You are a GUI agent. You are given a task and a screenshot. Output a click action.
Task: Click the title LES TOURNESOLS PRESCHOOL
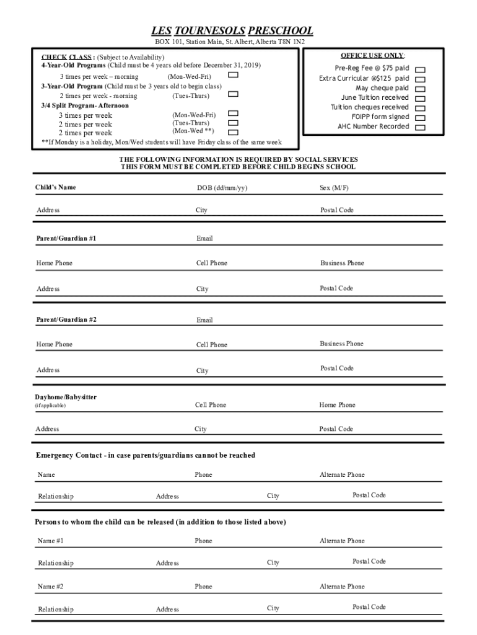(x=232, y=31)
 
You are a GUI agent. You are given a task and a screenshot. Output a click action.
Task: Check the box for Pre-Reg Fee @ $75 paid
(x=420, y=69)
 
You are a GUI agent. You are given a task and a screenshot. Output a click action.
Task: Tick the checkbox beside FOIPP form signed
(x=420, y=117)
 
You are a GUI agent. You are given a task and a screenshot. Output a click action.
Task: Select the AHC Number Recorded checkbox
(x=420, y=127)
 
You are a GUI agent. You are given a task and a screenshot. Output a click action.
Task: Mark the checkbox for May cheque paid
(x=420, y=89)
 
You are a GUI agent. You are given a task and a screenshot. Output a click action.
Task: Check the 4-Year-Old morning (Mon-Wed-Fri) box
(x=234, y=75)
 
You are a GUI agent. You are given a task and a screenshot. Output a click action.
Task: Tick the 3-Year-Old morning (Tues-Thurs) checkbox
(x=234, y=94)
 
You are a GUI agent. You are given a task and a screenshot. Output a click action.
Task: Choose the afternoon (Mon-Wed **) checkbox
(x=234, y=131)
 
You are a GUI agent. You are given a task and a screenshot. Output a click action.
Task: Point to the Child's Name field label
(x=55, y=187)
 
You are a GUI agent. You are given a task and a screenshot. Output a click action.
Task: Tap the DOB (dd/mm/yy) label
(x=222, y=188)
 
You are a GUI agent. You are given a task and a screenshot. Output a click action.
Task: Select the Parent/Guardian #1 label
(x=66, y=238)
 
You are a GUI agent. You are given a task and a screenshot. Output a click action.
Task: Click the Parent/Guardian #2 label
(x=66, y=319)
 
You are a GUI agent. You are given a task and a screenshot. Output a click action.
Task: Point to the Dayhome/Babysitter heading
(x=65, y=397)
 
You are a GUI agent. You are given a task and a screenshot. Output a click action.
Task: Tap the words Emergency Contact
(x=68, y=455)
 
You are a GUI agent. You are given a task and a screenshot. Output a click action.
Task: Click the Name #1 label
(x=50, y=541)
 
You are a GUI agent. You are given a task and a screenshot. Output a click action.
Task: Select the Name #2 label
(x=50, y=586)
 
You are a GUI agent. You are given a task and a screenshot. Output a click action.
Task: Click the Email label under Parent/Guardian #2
(x=204, y=321)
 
